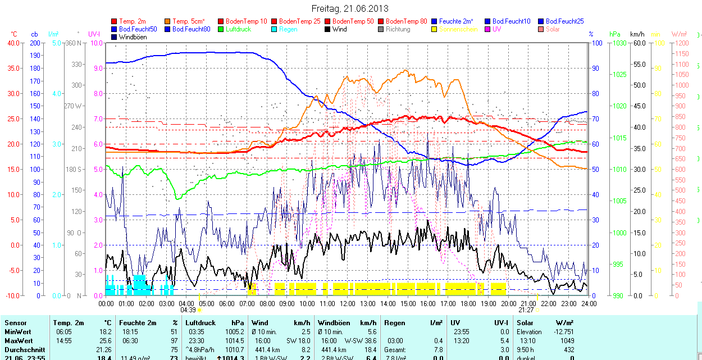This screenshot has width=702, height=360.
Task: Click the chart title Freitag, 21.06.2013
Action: click(350, 8)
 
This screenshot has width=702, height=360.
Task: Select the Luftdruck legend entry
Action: click(238, 29)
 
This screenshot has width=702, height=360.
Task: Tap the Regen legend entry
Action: click(288, 29)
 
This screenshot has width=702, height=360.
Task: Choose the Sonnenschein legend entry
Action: click(458, 29)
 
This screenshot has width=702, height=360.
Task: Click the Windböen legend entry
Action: click(133, 37)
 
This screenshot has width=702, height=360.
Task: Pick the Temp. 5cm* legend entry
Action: click(189, 21)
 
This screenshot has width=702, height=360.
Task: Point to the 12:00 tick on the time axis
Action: click(348, 303)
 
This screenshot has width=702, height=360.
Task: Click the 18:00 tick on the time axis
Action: click(468, 303)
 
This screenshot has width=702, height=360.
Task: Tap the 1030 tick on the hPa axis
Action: click(619, 43)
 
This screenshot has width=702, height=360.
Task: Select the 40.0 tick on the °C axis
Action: click(12, 43)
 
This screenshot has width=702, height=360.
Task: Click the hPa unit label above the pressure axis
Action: click(614, 34)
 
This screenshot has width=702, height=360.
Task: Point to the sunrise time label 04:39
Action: click(188, 309)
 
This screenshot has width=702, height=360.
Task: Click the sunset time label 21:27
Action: click(526, 309)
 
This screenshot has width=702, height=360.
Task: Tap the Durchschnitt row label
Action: click(25, 349)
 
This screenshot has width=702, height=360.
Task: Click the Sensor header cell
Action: click(16, 323)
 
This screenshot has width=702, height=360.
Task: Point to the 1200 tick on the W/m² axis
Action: click(681, 43)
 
